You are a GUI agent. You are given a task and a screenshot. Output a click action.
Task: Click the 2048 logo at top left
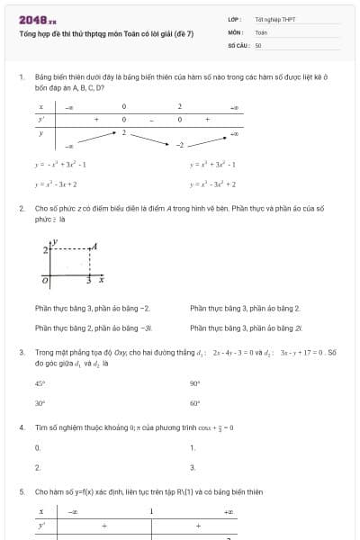37,19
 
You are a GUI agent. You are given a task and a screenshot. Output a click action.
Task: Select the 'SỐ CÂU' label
238,44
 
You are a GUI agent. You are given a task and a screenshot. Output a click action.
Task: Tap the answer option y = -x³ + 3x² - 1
60,165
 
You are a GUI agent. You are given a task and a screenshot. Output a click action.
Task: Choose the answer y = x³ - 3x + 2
56,184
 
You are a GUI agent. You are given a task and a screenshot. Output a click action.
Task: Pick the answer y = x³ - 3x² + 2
212,184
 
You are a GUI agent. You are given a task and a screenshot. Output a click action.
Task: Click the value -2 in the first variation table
180,144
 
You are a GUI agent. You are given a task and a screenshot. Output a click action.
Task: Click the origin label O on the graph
47,281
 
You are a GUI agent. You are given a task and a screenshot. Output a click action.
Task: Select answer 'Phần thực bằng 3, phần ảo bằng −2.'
92,309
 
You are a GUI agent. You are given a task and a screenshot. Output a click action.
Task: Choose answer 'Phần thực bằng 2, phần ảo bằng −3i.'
94,328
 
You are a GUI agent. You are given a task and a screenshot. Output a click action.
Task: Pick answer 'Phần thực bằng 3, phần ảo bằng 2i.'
248,328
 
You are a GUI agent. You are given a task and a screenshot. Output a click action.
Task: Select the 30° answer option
40,403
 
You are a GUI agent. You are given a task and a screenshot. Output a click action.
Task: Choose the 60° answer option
194,403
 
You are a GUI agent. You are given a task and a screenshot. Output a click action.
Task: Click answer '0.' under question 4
38,447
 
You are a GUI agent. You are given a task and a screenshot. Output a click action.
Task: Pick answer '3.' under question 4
193,467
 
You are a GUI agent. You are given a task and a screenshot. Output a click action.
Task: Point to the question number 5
21,492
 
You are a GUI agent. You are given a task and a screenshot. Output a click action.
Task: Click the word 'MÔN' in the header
236,31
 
